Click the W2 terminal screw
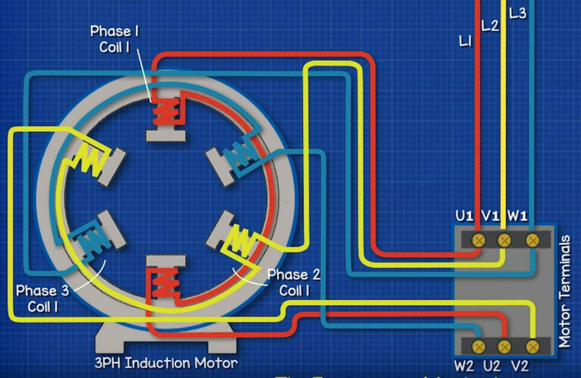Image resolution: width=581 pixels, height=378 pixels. pyautogui.click(x=479, y=346)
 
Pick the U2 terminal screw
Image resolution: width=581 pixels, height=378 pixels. pyautogui.click(x=505, y=346)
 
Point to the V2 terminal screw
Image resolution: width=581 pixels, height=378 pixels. pyautogui.click(x=532, y=346)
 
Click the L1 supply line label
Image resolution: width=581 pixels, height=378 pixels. pyautogui.click(x=466, y=42)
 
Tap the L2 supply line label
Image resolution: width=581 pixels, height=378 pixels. pyautogui.click(x=490, y=26)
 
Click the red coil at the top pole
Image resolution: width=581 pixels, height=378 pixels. pyautogui.click(x=165, y=111)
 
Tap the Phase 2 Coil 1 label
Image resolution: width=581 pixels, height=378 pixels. pyautogui.click(x=294, y=282)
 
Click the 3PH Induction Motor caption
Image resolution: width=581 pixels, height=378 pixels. pyautogui.click(x=166, y=363)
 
